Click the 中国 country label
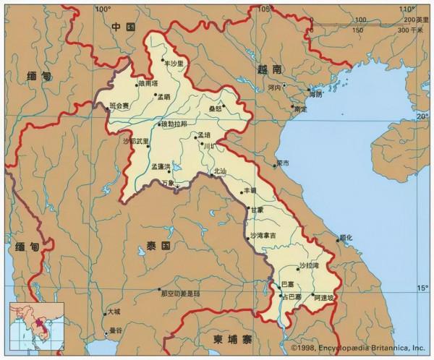124,27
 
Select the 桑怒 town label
215,106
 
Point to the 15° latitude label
422,287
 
